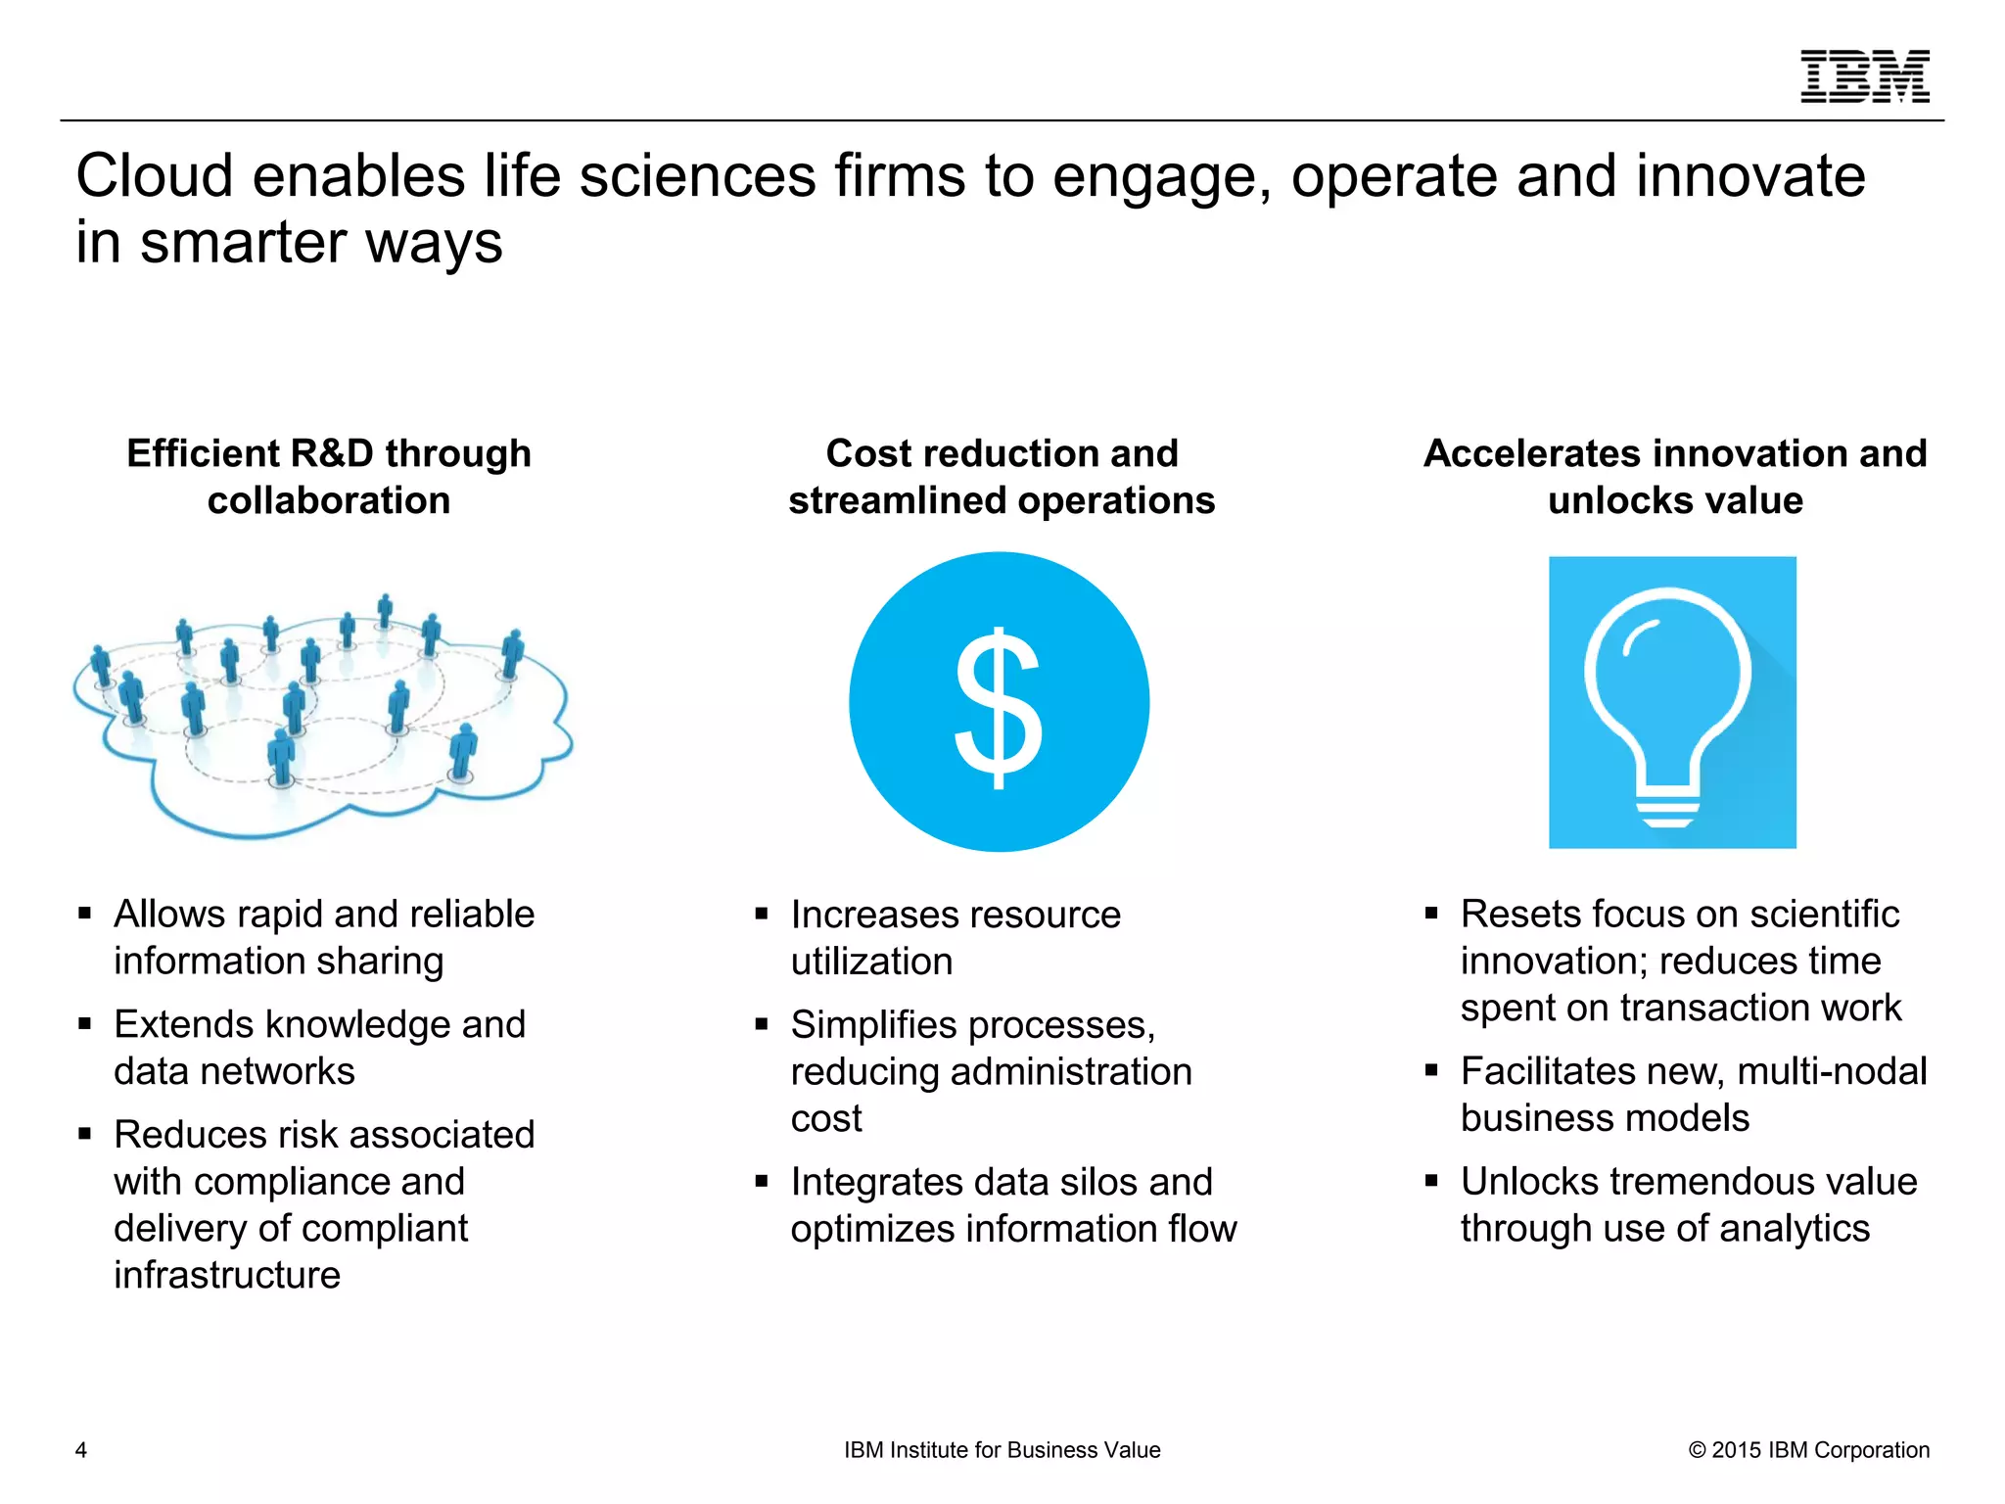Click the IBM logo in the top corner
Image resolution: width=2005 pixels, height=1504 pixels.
pos(1865,76)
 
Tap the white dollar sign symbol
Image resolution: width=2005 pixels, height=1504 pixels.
pos(999,707)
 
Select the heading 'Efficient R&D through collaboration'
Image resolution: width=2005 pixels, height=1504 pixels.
pos(329,477)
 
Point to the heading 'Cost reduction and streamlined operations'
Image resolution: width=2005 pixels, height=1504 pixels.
pos(1002,477)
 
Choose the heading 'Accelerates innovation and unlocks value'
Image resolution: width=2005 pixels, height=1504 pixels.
pos(1675,477)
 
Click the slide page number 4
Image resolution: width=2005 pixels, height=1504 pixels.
pos(81,1450)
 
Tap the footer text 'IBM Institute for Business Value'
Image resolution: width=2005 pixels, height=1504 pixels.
pos(1002,1450)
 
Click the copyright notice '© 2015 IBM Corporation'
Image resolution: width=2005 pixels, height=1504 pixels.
pos(1808,1450)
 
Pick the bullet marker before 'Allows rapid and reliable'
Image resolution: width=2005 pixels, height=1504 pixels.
pos(85,914)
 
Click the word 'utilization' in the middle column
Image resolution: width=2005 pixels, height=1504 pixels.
pos(871,962)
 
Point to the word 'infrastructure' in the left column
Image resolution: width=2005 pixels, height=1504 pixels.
pos(227,1275)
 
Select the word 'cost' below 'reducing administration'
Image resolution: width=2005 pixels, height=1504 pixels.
pos(826,1118)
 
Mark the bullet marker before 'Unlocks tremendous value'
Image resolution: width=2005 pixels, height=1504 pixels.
pos(1431,1182)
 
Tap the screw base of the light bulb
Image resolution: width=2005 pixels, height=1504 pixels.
pos(1668,809)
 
